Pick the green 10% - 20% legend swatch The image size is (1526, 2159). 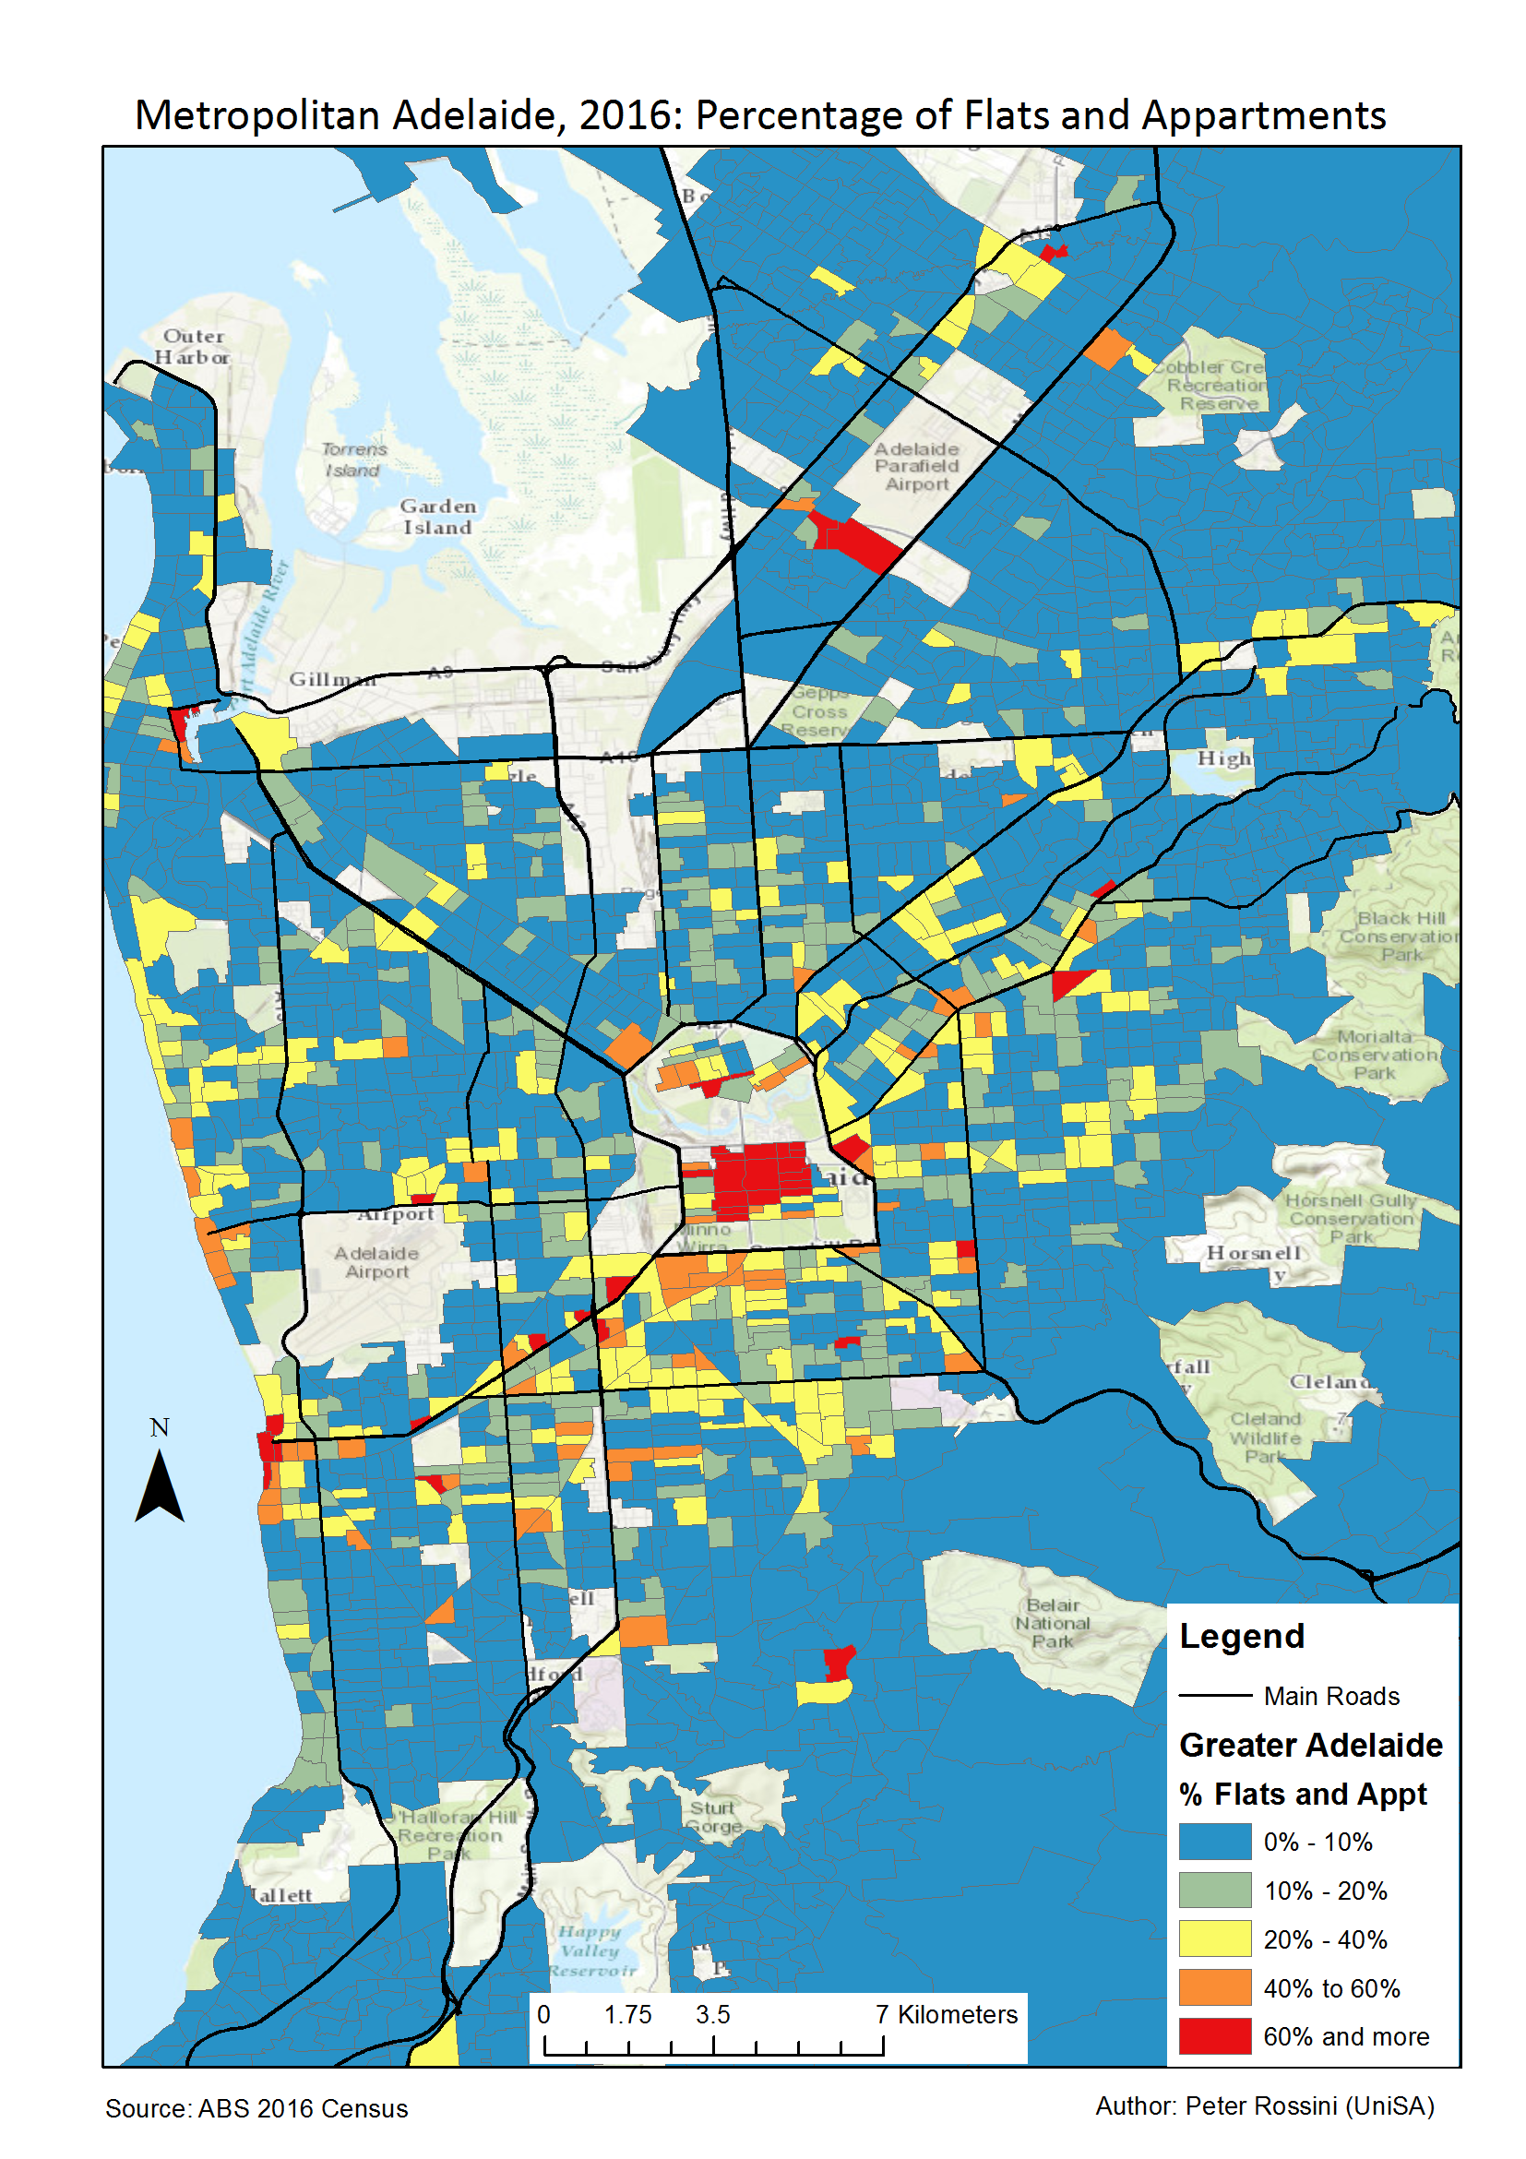1214,1890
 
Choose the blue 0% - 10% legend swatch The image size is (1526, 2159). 1214,1842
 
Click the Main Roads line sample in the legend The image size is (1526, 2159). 1214,1696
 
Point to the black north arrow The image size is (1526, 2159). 159,1485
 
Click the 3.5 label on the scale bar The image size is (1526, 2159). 711,2014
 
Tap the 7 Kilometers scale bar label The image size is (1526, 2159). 945,2014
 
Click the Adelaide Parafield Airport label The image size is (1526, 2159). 916,467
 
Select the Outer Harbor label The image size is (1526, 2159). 193,346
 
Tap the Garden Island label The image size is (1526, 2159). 437,518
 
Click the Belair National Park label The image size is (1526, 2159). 1052,1623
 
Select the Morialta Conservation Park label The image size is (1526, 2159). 1374,1054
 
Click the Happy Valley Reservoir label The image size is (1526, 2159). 591,1950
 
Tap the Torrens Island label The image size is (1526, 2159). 353,459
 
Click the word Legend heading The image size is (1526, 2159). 1241,1636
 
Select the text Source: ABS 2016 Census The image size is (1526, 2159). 256,2108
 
